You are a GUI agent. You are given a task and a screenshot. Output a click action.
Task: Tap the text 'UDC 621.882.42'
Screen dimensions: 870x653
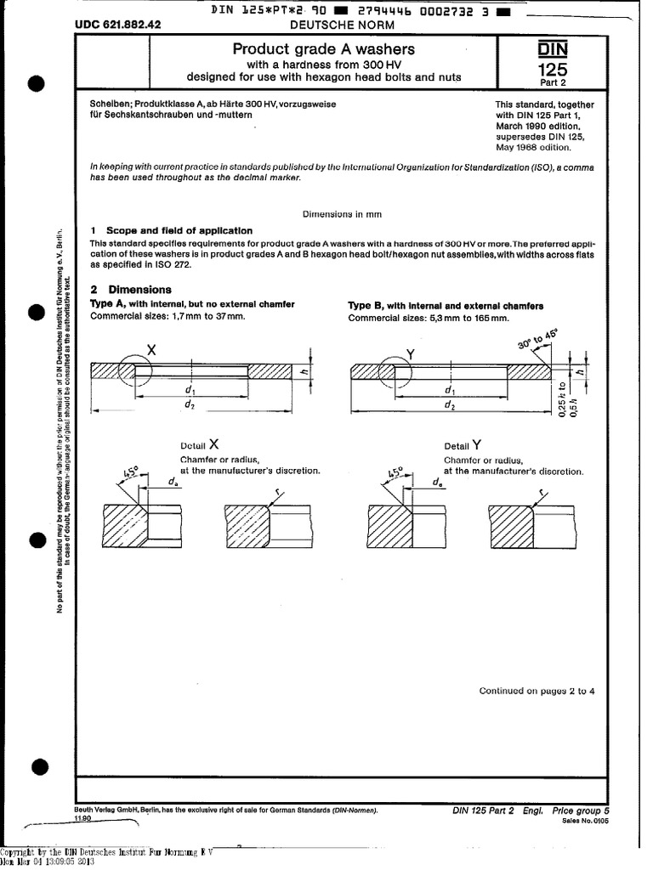(x=118, y=26)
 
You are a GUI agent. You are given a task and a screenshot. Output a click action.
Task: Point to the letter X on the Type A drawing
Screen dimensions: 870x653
(x=151, y=348)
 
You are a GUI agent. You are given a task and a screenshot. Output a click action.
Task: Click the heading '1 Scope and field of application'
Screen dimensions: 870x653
(x=172, y=230)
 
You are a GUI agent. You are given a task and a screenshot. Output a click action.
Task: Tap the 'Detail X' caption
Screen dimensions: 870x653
(x=200, y=444)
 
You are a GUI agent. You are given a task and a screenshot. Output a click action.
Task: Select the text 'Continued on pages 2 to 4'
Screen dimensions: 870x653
(x=537, y=691)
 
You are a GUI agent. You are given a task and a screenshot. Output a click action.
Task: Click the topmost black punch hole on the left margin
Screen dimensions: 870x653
(x=36, y=84)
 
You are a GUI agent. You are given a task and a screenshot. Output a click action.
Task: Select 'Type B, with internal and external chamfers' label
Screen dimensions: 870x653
(x=446, y=306)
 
